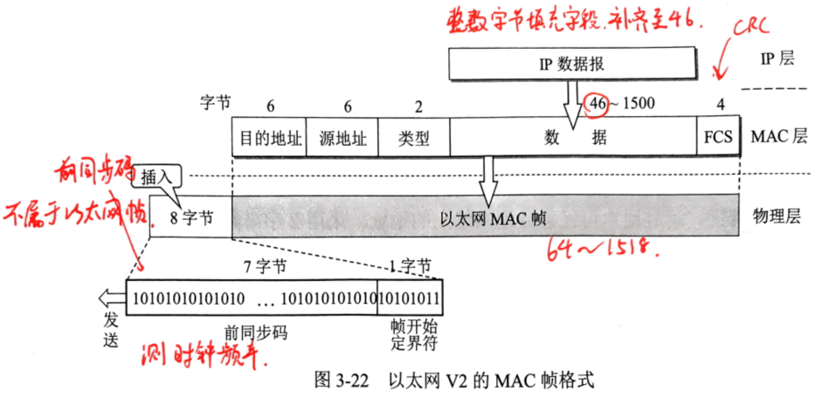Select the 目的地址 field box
[269, 138]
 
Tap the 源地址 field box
[342, 138]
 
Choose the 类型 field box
[415, 138]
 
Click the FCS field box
[717, 138]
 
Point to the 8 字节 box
[190, 216]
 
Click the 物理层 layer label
[771, 216]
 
